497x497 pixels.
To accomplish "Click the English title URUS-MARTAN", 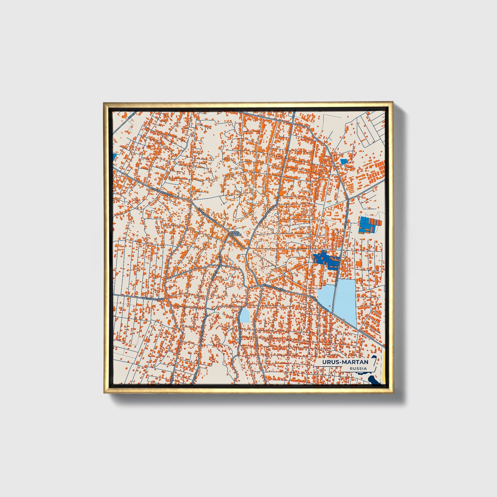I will pyautogui.click(x=345, y=362).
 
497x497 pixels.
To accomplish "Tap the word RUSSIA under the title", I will pyautogui.click(x=358, y=369).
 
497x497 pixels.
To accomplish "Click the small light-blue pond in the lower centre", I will pyautogui.click(x=245, y=316).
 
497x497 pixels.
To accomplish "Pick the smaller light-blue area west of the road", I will pyautogui.click(x=325, y=296).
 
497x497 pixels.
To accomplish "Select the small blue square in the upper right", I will pyautogui.click(x=343, y=161).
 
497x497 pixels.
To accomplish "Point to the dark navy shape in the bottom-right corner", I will pyautogui.click(x=374, y=380).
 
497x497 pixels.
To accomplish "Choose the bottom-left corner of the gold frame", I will pyautogui.click(x=104, y=392).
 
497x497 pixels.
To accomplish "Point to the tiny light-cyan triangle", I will pyautogui.click(x=330, y=203).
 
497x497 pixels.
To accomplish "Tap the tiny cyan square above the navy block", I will pyautogui.click(x=339, y=249).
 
